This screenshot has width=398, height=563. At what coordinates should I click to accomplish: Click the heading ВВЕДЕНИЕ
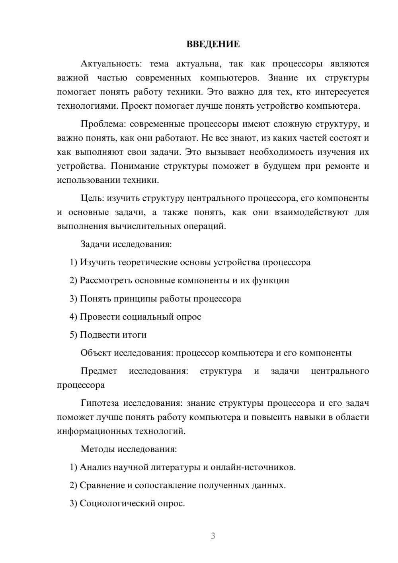pyautogui.click(x=213, y=44)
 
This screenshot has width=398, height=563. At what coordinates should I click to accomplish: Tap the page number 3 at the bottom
pyautogui.click(x=213, y=536)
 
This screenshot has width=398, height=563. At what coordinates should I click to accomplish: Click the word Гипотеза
pyautogui.click(x=99, y=403)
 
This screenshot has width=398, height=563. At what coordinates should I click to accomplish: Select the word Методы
pyautogui.click(x=98, y=449)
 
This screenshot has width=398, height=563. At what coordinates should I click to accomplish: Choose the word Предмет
pyautogui.click(x=99, y=371)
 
